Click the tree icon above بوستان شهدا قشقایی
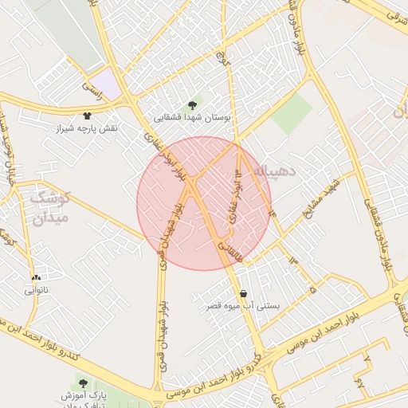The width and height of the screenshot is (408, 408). (191, 104)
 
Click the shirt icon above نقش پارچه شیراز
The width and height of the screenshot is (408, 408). (87, 116)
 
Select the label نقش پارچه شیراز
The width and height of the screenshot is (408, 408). (86, 127)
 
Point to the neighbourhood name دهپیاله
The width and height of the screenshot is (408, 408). (276, 171)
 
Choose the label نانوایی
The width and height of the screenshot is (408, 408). (37, 289)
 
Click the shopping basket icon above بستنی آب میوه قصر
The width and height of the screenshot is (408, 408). (242, 293)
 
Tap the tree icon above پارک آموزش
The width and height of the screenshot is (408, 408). (84, 383)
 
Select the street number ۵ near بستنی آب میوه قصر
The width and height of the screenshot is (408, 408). (312, 290)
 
